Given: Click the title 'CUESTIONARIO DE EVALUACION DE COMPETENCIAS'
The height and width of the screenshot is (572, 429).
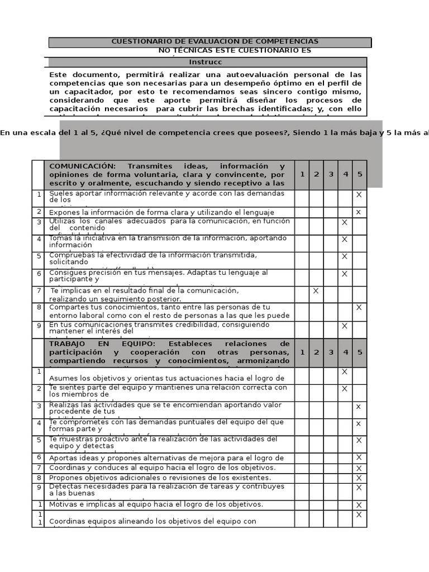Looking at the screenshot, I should click(x=215, y=42).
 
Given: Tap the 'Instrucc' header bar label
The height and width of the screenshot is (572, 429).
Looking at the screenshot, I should click(x=206, y=62).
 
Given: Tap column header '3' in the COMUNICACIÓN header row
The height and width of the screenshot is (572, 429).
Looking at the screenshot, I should click(x=331, y=174).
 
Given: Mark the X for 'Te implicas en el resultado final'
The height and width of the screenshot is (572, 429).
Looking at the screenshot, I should click(x=316, y=290).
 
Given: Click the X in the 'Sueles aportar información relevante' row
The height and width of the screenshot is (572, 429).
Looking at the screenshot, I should click(x=359, y=194).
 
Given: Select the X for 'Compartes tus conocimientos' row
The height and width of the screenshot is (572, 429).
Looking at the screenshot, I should click(x=359, y=307).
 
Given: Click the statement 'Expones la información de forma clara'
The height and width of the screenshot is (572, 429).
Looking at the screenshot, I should click(x=162, y=212).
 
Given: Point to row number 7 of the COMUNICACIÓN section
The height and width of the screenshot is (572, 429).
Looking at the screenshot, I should click(x=39, y=291).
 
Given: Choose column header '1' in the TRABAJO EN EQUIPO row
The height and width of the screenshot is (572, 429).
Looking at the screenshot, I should click(x=302, y=352).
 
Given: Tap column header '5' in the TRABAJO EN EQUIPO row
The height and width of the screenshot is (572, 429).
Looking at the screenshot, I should click(x=359, y=352).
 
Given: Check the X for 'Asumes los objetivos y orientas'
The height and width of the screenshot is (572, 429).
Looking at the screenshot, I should click(x=345, y=372).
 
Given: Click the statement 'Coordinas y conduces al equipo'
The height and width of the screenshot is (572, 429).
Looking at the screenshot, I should click(x=163, y=468).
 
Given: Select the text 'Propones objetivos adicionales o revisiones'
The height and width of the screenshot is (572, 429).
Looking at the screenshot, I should click(x=160, y=478).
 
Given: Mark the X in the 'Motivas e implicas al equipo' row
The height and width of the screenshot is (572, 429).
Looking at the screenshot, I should click(x=359, y=505).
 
